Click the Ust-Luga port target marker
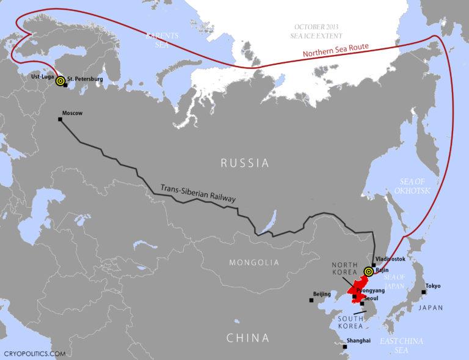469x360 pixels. tap(60, 81)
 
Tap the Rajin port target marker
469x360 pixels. tap(368, 271)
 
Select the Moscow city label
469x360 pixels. tap(72, 113)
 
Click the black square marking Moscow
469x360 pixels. tap(60, 119)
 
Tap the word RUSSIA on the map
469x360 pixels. tap(244, 163)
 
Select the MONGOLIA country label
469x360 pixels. tap(253, 263)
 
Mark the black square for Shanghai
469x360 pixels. tap(345, 347)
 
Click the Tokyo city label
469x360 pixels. tap(432, 285)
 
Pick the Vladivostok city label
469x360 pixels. tap(391, 260)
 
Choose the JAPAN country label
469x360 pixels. tap(431, 308)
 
